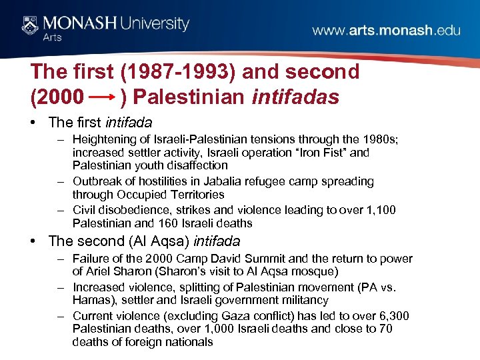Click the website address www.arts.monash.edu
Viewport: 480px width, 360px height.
tap(386, 31)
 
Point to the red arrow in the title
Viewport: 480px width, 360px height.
tap(103, 97)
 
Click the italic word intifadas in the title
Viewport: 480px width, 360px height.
tap(296, 97)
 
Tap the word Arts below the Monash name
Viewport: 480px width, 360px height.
tap(53, 38)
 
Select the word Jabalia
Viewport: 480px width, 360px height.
tap(245, 181)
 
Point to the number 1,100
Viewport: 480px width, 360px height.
tap(378, 210)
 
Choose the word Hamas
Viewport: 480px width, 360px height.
tap(90, 301)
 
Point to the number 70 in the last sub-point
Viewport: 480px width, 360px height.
tap(384, 329)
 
